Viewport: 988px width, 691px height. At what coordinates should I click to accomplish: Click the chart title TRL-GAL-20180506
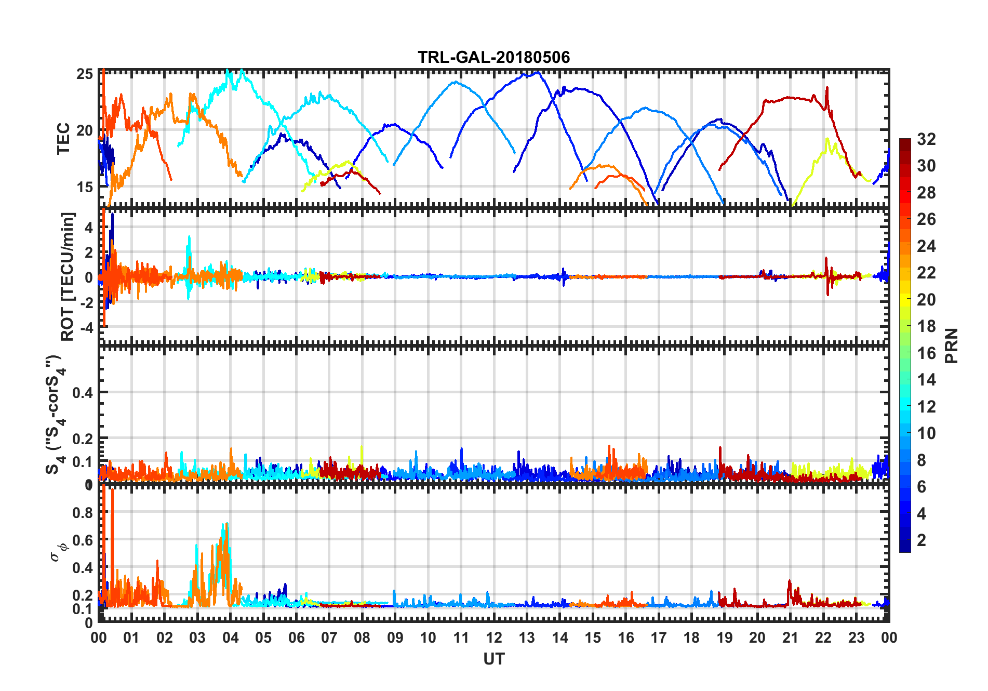coord(493,57)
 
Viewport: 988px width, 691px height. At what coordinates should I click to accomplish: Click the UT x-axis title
coord(493,659)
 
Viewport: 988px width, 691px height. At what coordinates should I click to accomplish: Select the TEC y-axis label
coord(63,139)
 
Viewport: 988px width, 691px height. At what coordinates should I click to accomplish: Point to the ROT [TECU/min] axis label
coord(68,276)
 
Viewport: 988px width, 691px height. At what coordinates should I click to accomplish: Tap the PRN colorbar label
coord(951,345)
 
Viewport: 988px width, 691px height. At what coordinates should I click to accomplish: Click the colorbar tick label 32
coord(926,139)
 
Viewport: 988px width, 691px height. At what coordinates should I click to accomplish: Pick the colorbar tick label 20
coord(926,300)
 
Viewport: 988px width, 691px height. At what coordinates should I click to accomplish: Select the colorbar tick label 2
coord(922,540)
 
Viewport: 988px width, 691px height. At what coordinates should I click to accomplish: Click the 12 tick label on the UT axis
coord(493,637)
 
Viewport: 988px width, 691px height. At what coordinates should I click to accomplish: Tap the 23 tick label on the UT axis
coord(856,637)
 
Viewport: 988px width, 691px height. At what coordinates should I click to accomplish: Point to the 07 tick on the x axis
coord(329,637)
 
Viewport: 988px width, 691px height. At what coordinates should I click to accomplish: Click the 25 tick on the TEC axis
coord(85,74)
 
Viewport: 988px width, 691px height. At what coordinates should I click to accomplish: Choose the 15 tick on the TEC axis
coord(85,187)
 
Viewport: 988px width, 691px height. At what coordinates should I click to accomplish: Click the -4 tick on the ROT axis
coord(86,328)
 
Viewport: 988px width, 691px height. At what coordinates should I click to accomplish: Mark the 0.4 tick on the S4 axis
coord(83,393)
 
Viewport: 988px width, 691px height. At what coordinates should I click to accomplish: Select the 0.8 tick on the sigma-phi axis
coord(83,512)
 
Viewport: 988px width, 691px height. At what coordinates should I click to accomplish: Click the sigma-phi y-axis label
coord(58,552)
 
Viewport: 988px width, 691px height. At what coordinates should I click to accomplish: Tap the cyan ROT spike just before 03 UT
coord(189,238)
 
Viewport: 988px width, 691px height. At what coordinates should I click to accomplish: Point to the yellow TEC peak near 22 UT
coord(826,139)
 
